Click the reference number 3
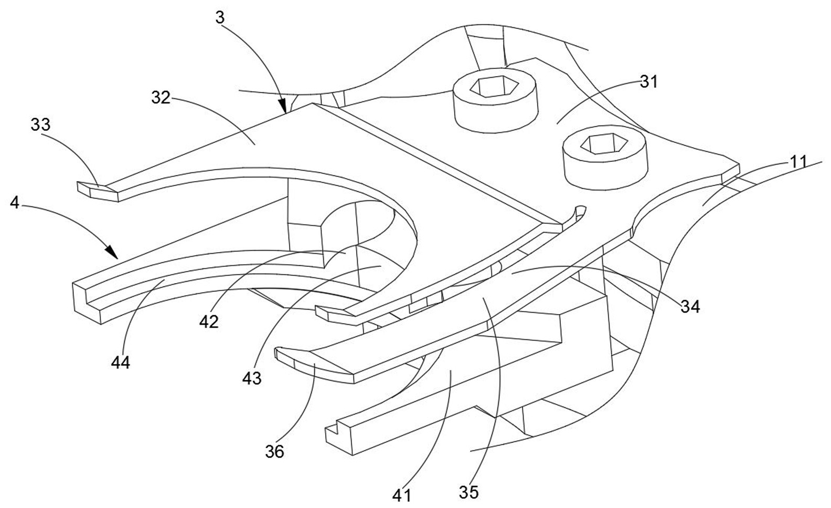click(220, 18)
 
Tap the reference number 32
click(162, 97)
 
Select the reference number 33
click(41, 125)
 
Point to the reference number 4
click(15, 203)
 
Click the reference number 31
click(648, 82)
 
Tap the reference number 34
click(690, 306)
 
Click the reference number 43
click(252, 378)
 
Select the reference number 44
click(121, 362)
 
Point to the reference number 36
click(274, 451)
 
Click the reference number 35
click(469, 492)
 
